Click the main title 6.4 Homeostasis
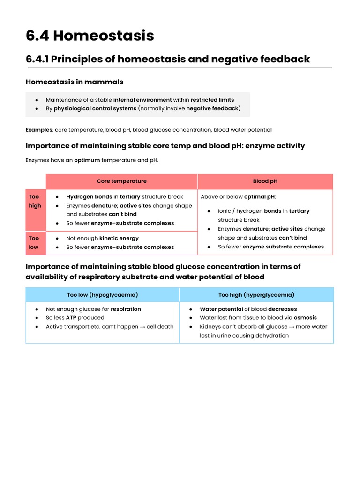[x=90, y=36]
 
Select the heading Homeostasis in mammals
[x=74, y=82]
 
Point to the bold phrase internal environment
[x=142, y=100]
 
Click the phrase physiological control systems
[x=95, y=108]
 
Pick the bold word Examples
[x=39, y=130]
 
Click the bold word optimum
[x=87, y=160]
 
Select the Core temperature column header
[x=121, y=181]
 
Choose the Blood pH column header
[x=265, y=181]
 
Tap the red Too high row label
[x=35, y=201]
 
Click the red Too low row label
[x=34, y=242]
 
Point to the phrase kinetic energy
[x=119, y=238]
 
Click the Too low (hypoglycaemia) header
[x=102, y=295]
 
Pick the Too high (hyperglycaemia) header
[x=256, y=295]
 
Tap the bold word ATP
[x=71, y=318]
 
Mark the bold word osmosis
[x=305, y=318]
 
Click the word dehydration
[x=273, y=335]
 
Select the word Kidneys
[x=210, y=327]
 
